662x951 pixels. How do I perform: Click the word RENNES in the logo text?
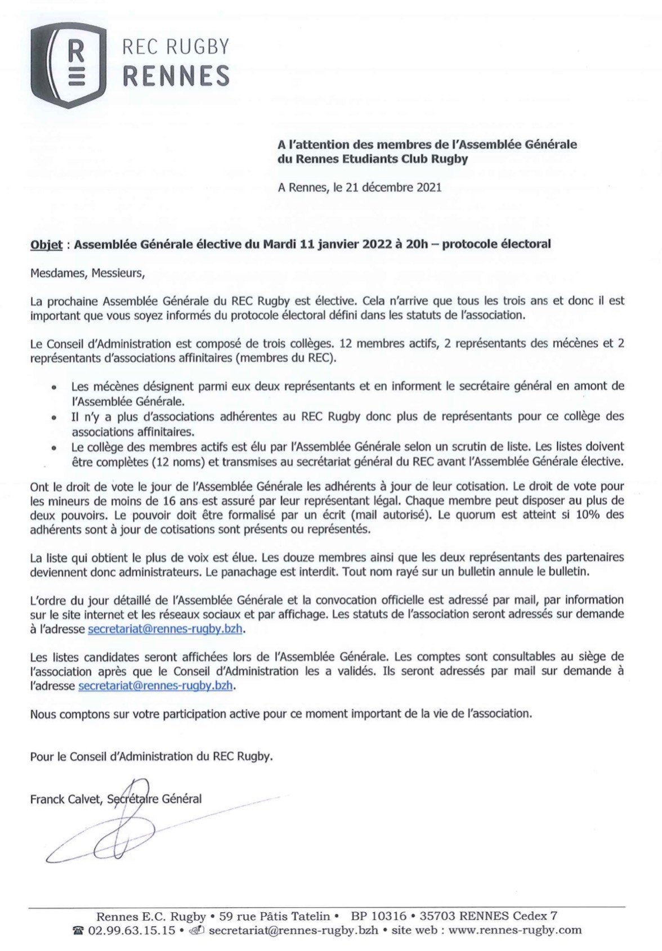(x=176, y=75)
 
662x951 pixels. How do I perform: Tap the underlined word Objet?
(x=47, y=245)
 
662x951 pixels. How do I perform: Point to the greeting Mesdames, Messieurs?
(x=88, y=274)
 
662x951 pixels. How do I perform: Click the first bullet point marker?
(x=54, y=388)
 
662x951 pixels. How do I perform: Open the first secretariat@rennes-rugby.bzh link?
(x=165, y=629)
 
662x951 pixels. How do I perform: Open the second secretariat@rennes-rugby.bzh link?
(x=156, y=686)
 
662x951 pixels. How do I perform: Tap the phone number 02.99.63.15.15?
(x=130, y=930)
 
